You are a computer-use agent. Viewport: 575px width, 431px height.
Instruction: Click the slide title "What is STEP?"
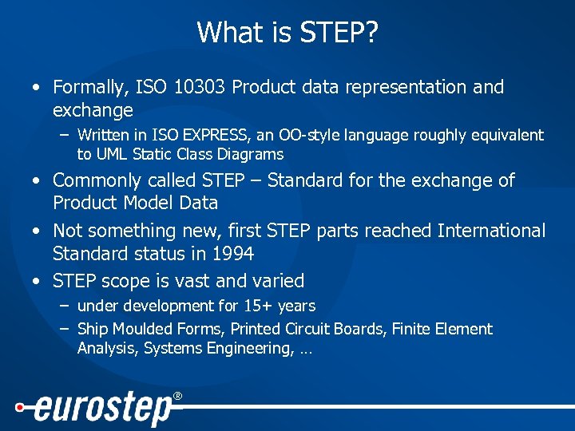(287, 33)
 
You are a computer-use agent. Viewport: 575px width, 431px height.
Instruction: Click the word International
(491, 231)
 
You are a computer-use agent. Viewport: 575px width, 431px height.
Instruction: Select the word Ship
(92, 329)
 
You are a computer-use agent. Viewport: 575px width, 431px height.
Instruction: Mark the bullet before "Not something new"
(37, 231)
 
